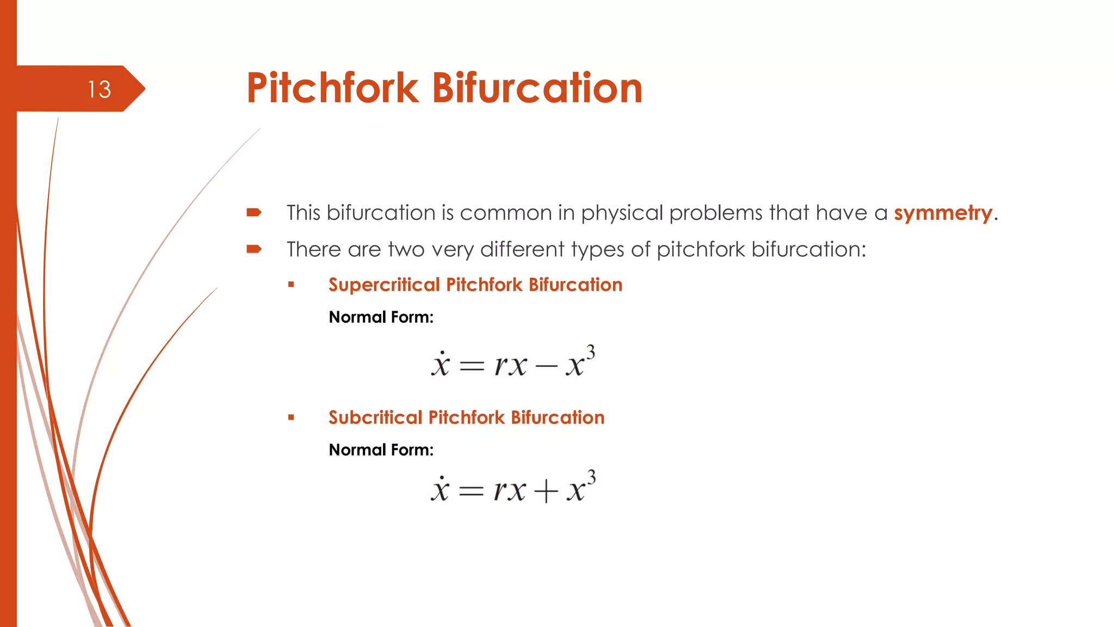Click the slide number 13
[x=100, y=89]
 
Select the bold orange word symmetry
[x=943, y=213]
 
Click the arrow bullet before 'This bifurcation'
[x=254, y=212]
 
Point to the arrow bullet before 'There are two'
[x=254, y=249]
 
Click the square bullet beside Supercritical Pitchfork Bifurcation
[x=292, y=284]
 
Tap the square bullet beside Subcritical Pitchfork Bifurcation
[x=292, y=417]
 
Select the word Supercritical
[x=384, y=285]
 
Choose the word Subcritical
[x=375, y=418]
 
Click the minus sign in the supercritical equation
[x=546, y=366]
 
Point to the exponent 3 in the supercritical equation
[x=590, y=352]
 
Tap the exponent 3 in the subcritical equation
[x=591, y=477]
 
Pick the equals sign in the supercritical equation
[x=472, y=366]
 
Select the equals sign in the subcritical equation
[x=471, y=491]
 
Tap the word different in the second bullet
[x=522, y=249]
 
